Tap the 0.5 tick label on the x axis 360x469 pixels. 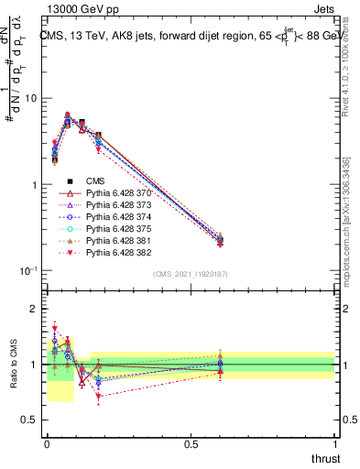point(191,443)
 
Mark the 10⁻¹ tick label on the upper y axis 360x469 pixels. point(27,271)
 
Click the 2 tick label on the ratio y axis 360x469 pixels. point(34,309)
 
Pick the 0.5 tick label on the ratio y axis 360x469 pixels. point(30,420)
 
